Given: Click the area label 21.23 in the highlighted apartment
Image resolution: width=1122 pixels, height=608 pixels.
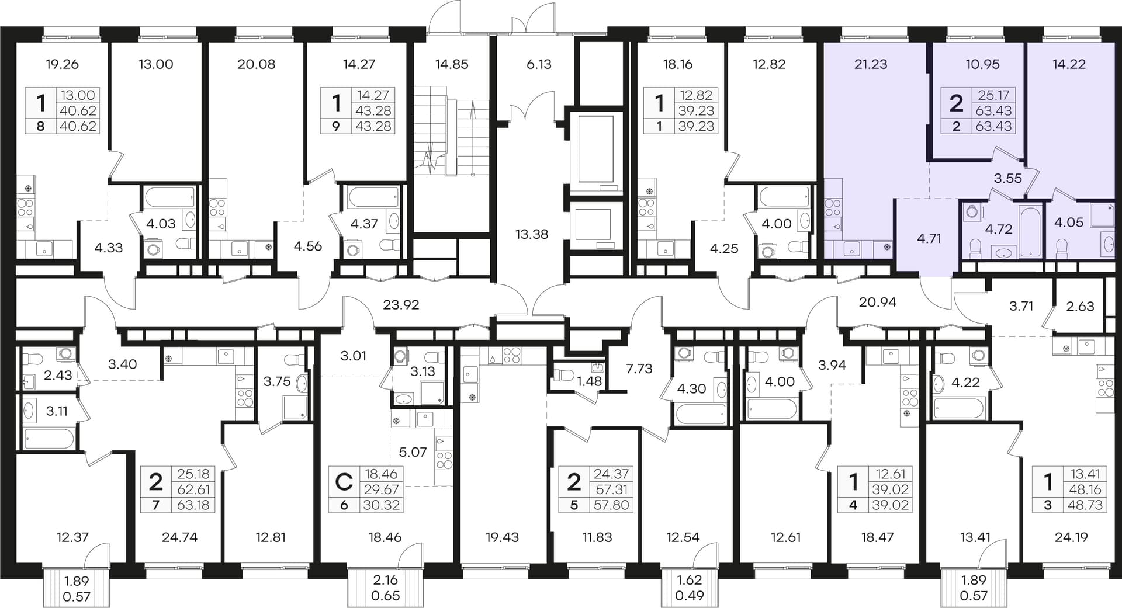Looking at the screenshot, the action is pyautogui.click(x=871, y=64).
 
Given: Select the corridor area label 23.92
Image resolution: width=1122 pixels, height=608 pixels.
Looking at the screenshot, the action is pyautogui.click(x=401, y=304).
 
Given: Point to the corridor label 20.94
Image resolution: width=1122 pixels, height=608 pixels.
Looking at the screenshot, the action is pyautogui.click(x=877, y=302).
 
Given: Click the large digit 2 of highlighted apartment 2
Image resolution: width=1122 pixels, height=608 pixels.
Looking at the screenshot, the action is pyautogui.click(x=956, y=103).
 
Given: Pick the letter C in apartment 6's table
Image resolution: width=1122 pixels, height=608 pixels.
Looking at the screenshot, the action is pyautogui.click(x=344, y=482).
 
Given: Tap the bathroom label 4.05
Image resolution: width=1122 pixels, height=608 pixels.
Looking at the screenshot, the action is pyautogui.click(x=1069, y=222).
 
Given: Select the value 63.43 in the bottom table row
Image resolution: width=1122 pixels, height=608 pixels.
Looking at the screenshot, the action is pyautogui.click(x=993, y=126).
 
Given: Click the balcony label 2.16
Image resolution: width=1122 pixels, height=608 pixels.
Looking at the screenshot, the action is pyautogui.click(x=386, y=580).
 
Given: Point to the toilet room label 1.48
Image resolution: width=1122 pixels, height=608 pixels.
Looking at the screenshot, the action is pyautogui.click(x=589, y=381).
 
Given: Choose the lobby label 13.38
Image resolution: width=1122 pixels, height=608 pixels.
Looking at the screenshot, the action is pyautogui.click(x=532, y=234).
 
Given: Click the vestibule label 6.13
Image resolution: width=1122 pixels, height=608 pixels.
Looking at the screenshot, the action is pyautogui.click(x=539, y=64).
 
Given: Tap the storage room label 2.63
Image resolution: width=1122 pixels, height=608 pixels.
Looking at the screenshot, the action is pyautogui.click(x=1080, y=306).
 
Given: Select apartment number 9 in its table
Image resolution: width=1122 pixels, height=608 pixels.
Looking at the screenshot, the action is pyautogui.click(x=335, y=126).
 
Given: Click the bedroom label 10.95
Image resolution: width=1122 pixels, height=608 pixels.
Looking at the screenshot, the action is pyautogui.click(x=983, y=64).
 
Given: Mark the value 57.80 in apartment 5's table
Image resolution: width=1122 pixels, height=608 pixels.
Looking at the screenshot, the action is pyautogui.click(x=611, y=505).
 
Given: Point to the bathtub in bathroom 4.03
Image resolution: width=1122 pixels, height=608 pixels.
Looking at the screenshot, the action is pyautogui.click(x=169, y=197).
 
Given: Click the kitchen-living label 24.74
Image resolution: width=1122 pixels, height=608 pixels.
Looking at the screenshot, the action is pyautogui.click(x=179, y=537).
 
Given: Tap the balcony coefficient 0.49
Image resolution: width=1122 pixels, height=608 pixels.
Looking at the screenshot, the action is pyautogui.click(x=690, y=596).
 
